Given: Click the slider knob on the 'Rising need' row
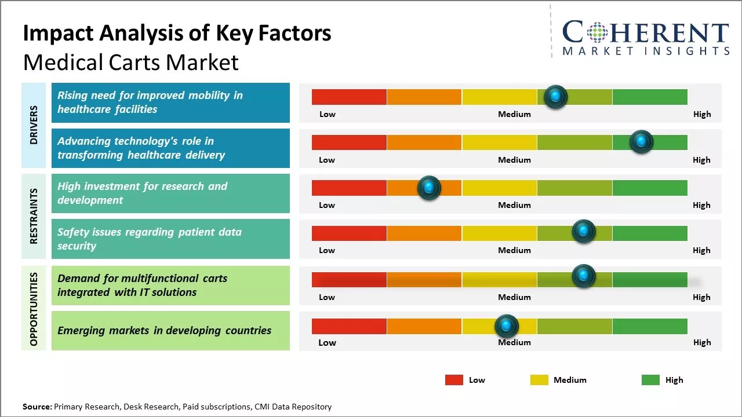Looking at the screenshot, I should (556, 97).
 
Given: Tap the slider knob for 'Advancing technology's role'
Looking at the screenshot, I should (641, 142).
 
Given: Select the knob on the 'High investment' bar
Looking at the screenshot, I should (429, 188).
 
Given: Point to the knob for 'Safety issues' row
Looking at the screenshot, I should (584, 232).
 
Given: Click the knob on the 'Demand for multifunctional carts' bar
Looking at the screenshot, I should (584, 276).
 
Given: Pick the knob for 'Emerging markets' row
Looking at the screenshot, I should (507, 327).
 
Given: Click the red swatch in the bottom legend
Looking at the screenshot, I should (454, 380).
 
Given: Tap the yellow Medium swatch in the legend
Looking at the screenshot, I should (539, 380).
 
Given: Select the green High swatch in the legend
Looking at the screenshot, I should (650, 380).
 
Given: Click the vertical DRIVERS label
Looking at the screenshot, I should (34, 125).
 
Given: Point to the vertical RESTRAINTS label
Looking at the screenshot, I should (34, 216).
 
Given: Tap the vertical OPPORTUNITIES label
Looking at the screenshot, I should (34, 309).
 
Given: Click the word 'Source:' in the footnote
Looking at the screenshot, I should (37, 407).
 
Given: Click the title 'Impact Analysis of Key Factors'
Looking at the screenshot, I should (177, 34).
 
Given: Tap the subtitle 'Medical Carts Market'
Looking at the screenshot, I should (131, 62).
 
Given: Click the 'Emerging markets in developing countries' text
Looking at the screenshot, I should (164, 331).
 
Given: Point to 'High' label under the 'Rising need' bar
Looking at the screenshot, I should (701, 114).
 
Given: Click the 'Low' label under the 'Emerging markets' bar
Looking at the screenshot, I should (327, 342).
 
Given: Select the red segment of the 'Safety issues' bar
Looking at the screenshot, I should (349, 233).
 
